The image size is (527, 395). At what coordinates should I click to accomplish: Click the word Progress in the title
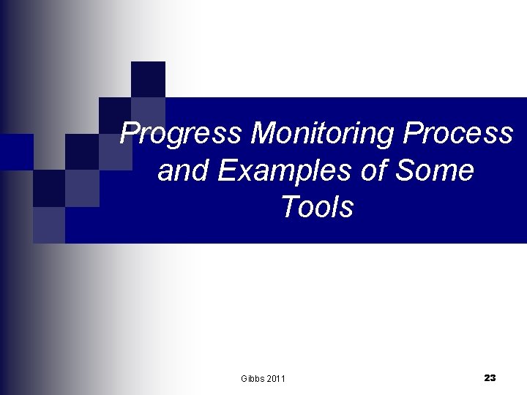tap(182, 134)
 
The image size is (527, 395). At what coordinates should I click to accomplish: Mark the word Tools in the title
tap(316, 208)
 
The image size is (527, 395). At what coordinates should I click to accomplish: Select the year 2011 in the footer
tap(276, 378)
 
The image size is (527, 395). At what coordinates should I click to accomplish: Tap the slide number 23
tap(490, 377)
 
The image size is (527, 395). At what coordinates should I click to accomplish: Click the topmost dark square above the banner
tap(148, 79)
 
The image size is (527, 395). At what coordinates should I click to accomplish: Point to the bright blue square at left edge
tap(16, 151)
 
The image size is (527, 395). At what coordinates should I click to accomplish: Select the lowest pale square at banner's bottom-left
tap(49, 225)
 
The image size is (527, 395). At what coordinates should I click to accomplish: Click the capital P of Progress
tap(130, 134)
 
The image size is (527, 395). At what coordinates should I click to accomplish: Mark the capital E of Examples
tap(225, 171)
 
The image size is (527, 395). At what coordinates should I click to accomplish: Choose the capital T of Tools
tap(288, 208)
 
